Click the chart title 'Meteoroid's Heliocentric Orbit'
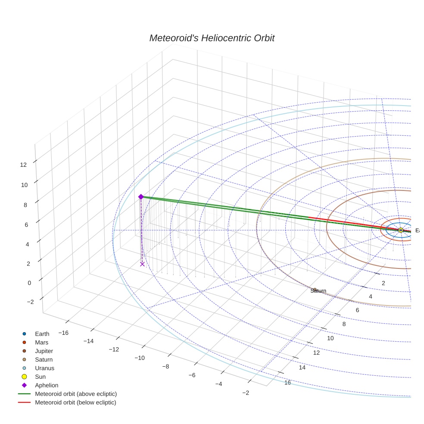point(212,38)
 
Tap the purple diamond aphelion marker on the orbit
point(140,196)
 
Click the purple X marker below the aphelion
point(142,264)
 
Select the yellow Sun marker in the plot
point(401,230)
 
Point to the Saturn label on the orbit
point(318,291)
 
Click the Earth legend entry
point(42,334)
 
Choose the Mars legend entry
point(41,343)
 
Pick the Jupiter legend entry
point(44,351)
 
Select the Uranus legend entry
point(44,368)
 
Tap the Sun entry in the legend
point(40,377)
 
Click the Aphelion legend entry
point(46,386)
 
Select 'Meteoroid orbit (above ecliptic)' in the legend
point(75,394)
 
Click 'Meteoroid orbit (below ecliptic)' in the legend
point(75,402)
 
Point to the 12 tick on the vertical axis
point(24,165)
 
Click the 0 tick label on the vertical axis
point(29,283)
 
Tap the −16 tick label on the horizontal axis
point(63,333)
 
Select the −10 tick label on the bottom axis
point(139,358)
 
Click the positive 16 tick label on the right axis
point(287,383)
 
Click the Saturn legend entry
point(44,360)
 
